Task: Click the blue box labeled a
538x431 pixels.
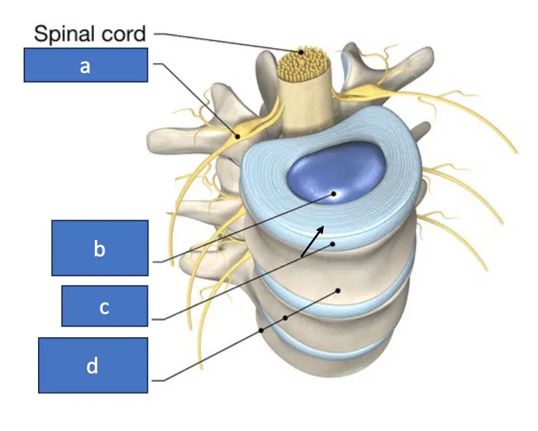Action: pos(86,65)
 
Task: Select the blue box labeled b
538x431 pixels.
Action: pos(100,248)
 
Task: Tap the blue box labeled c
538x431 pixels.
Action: pos(105,306)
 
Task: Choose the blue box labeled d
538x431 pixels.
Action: pos(93,365)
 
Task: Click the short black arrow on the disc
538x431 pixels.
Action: pos(312,241)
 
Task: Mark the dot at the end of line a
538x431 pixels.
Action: pos(238,137)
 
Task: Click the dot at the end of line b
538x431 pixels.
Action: pos(333,194)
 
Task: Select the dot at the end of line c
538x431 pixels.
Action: pos(332,244)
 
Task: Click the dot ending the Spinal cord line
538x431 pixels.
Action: pos(301,52)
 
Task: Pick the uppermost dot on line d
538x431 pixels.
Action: pos(338,291)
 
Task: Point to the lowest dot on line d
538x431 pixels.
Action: pos(261,331)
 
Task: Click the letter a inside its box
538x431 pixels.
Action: pos(85,66)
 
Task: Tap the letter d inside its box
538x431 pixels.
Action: pos(92,366)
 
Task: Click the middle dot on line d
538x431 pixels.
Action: pos(285,318)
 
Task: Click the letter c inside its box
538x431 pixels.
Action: pos(105,308)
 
